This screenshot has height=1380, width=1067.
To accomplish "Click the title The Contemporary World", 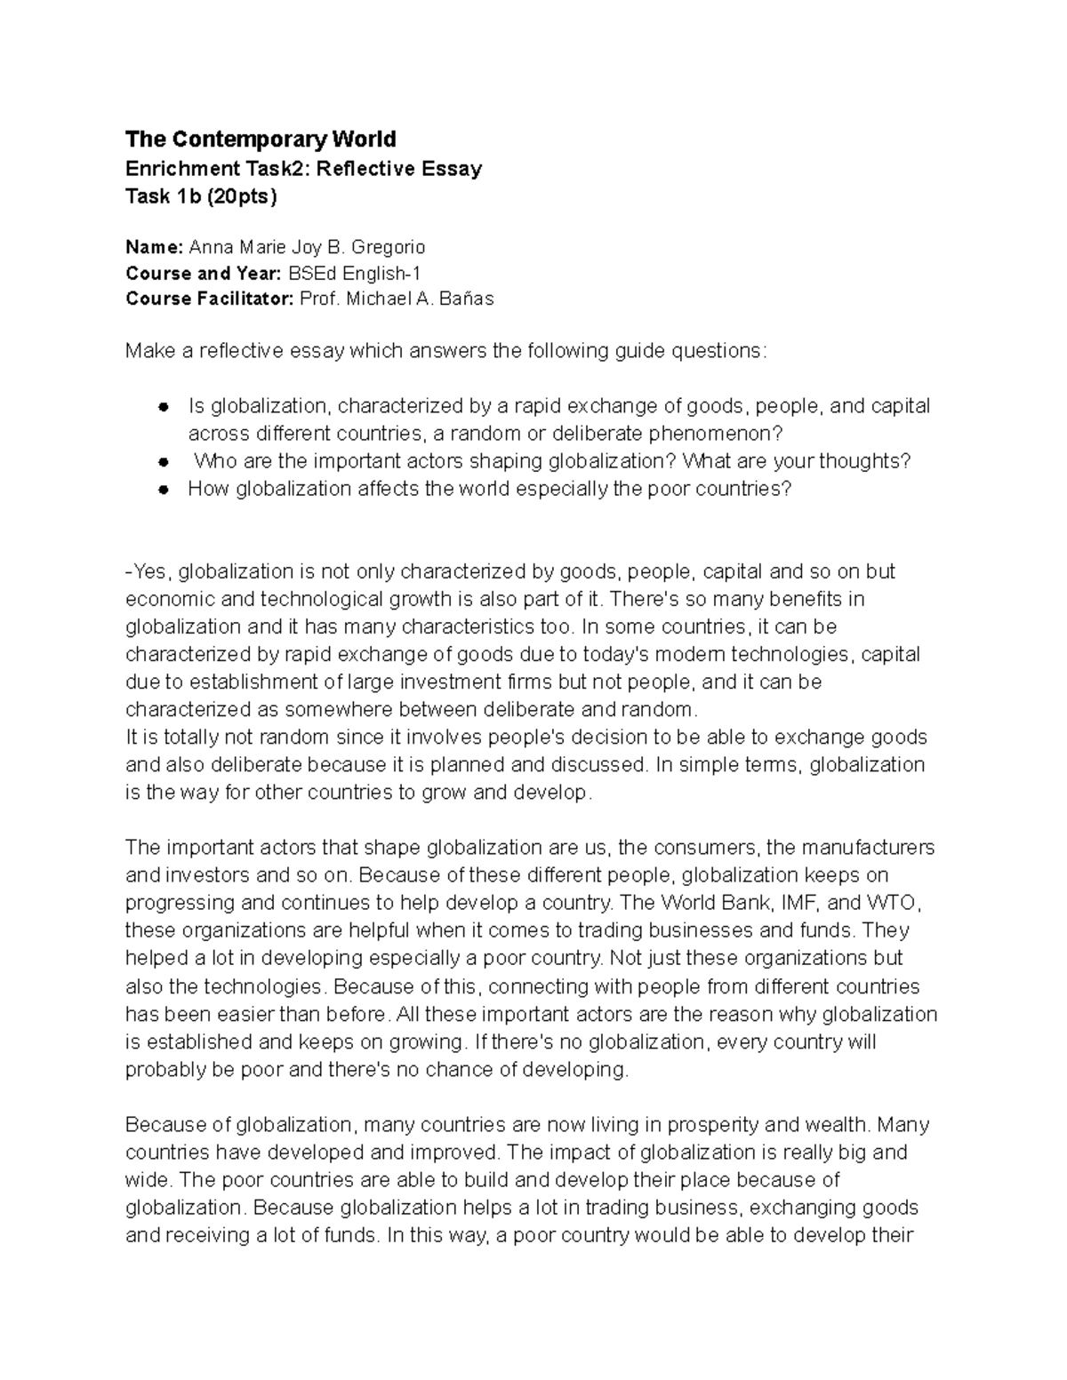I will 261,140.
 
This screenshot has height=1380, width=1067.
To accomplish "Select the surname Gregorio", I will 389,246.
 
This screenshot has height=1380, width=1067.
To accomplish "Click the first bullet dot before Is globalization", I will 163,407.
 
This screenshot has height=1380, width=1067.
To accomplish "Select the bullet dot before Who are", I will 163,462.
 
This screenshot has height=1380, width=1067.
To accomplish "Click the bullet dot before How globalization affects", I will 163,490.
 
